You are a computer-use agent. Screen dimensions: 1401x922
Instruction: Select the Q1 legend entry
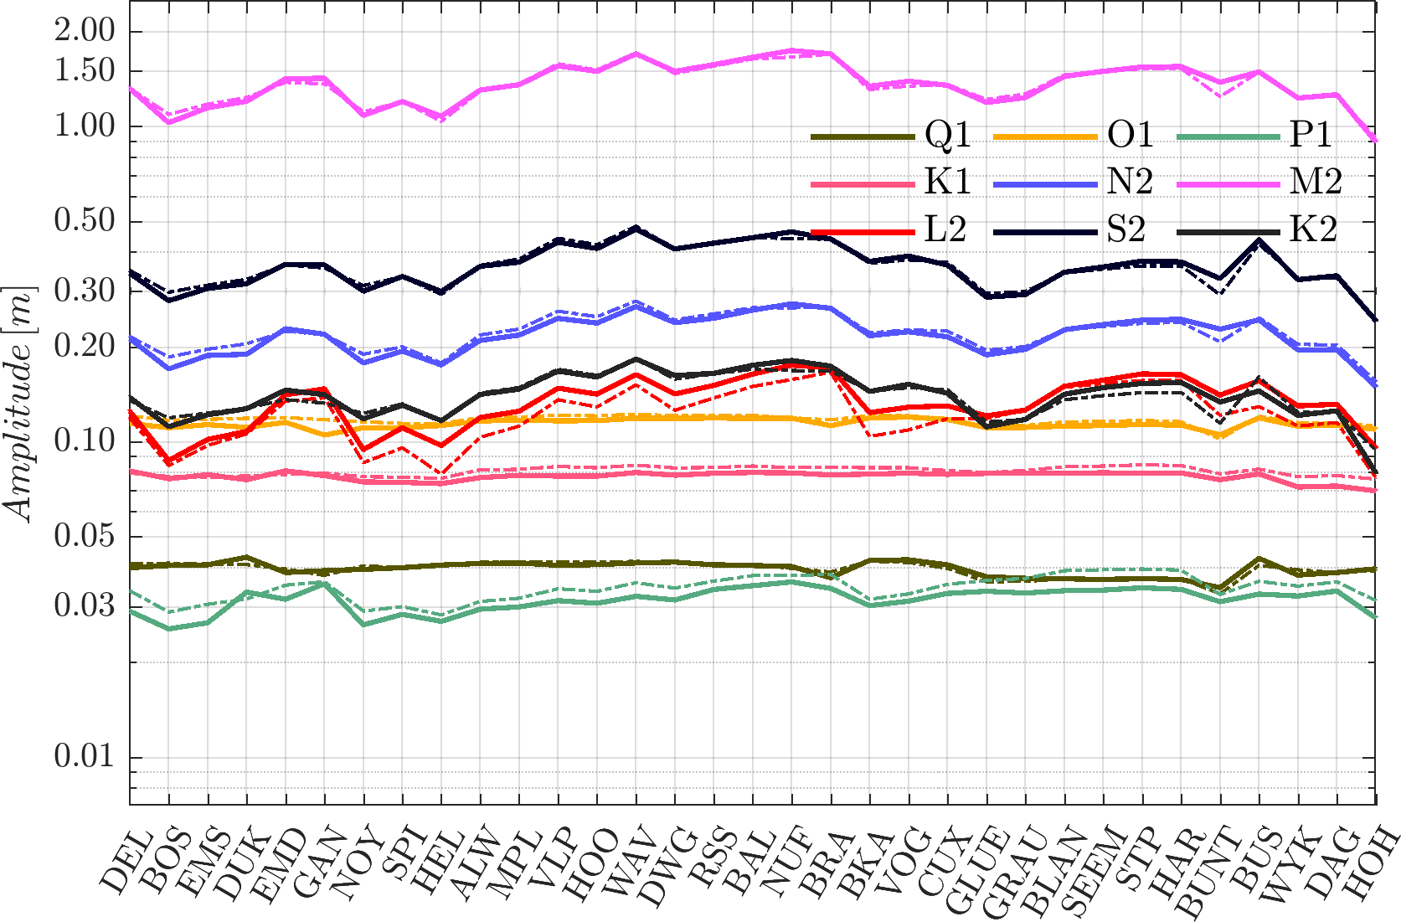pos(891,136)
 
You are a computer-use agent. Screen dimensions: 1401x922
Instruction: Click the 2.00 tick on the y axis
pos(85,31)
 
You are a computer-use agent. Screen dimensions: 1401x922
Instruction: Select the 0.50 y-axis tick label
pos(85,221)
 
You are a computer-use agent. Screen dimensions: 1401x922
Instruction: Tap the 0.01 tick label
pos(85,757)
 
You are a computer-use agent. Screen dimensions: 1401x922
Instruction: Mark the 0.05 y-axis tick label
pos(85,536)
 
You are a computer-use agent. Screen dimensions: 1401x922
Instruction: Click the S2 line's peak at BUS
pos(1259,241)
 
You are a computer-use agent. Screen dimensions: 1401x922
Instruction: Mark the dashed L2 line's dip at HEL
pos(442,473)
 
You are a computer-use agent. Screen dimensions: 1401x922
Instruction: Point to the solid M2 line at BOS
pos(169,122)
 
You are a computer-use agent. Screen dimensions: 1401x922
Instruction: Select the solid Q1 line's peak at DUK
pos(246,557)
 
